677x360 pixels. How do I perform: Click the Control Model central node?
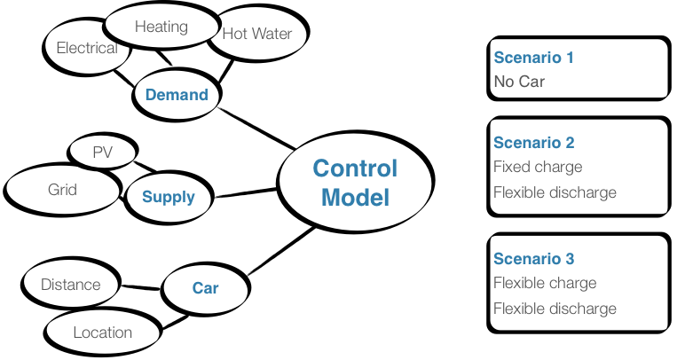click(x=355, y=184)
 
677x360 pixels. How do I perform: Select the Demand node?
click(x=177, y=95)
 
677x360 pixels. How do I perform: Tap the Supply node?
click(x=168, y=196)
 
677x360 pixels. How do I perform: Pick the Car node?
click(x=205, y=287)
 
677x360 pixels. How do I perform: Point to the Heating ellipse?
click(x=161, y=27)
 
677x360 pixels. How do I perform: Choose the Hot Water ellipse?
click(x=256, y=35)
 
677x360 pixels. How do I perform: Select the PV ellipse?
click(x=103, y=152)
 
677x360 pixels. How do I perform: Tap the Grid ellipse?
click(x=62, y=189)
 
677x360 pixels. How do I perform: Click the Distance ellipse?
click(x=70, y=285)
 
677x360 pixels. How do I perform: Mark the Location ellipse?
click(x=102, y=333)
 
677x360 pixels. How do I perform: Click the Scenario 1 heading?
click(x=534, y=58)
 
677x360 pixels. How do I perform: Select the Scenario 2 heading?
click(x=534, y=143)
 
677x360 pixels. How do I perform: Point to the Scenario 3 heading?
click(x=534, y=259)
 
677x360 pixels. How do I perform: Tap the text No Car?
click(x=519, y=82)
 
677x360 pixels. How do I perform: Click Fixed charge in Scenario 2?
click(x=538, y=167)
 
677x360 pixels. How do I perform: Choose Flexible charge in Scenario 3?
click(x=545, y=284)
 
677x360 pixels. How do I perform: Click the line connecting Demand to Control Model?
click(x=257, y=129)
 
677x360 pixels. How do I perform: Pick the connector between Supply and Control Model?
click(x=248, y=192)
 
